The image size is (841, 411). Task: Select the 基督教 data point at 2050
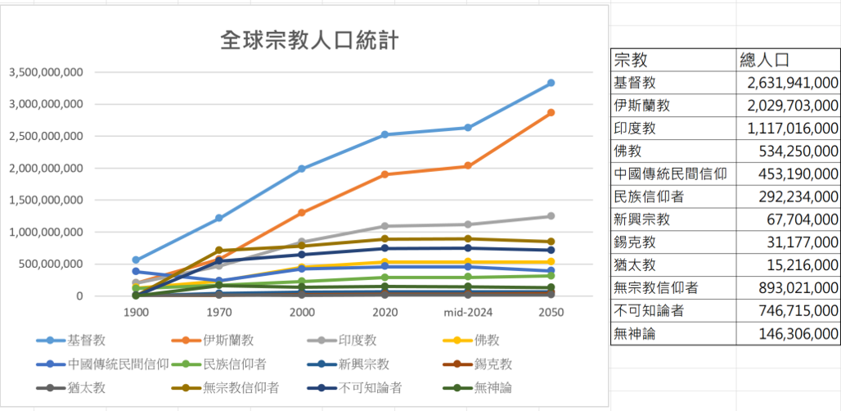[x=551, y=83]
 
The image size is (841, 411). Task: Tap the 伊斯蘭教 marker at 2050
[x=551, y=112]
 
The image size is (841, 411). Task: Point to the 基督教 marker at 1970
[x=218, y=218]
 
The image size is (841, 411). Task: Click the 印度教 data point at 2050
[x=551, y=216]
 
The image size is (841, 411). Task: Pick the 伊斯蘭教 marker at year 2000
[x=302, y=212]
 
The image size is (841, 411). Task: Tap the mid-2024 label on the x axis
[x=467, y=313]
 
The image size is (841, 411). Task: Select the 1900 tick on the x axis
[x=136, y=313]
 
